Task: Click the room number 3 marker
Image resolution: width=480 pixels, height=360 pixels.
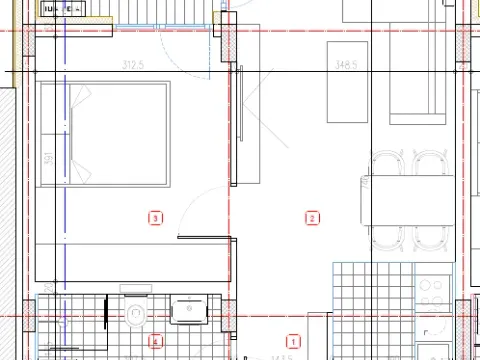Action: tap(154, 216)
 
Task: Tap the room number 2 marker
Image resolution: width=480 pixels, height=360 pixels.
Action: tap(312, 217)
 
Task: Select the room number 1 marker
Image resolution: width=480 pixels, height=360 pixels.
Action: tap(293, 340)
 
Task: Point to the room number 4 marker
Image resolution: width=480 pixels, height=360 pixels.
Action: tap(154, 342)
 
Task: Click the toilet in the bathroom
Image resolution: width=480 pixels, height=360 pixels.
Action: tap(137, 312)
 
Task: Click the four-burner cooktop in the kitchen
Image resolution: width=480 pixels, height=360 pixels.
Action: tap(433, 291)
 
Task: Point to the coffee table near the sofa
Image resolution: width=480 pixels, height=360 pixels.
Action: tap(349, 82)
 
